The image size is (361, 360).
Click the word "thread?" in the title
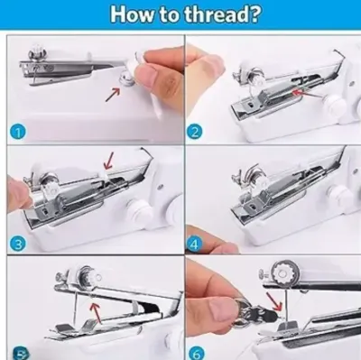[x=221, y=14]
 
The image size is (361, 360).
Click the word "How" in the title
[x=132, y=14]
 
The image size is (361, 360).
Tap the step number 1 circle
[x=19, y=133]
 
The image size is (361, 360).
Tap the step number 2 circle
[x=195, y=133]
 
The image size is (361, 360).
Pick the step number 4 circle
[x=195, y=245]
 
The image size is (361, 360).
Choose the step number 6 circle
[x=196, y=353]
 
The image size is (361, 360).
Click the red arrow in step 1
[x=113, y=94]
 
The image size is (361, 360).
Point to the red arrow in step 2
[x=308, y=94]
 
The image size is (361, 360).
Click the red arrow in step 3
[x=108, y=161]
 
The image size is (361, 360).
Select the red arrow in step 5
[x=96, y=314]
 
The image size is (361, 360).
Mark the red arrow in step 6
[x=273, y=301]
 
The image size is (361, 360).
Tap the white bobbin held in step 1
[x=132, y=67]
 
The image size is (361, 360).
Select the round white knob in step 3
[x=138, y=210]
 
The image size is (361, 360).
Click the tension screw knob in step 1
[x=37, y=52]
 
